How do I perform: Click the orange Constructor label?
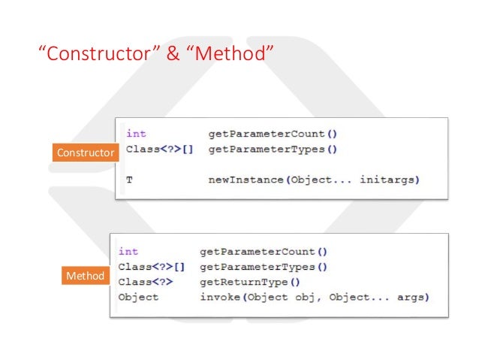(86, 153)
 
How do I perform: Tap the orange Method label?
(85, 276)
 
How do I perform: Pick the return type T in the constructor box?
(129, 180)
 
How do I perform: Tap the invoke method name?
(218, 297)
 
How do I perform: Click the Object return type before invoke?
(138, 297)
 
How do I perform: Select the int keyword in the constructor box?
(136, 134)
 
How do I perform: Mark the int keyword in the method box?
(128, 252)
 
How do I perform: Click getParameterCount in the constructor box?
(267, 134)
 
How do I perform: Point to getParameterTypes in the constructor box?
(267, 149)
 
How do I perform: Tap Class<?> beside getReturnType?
(146, 282)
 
